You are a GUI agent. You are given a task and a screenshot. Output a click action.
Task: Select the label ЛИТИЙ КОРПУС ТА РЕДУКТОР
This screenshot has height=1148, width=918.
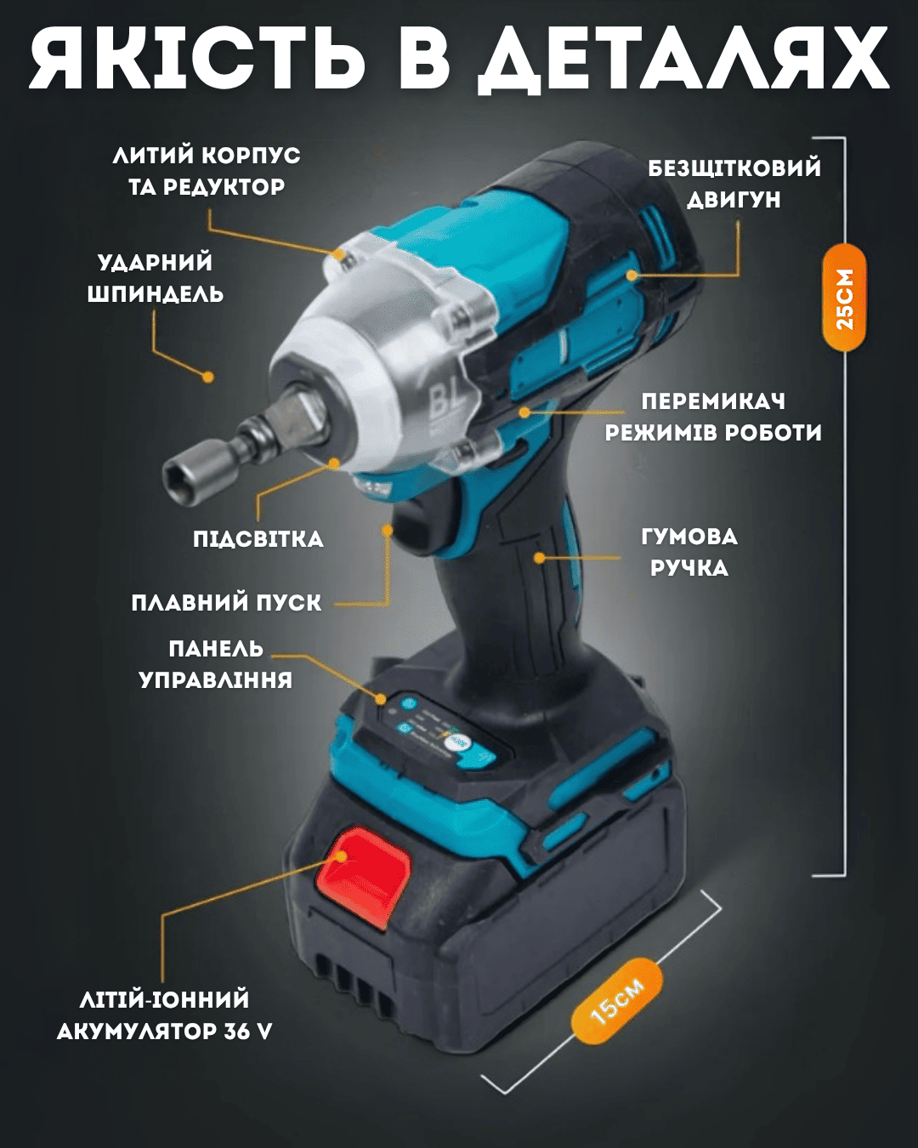[x=207, y=172]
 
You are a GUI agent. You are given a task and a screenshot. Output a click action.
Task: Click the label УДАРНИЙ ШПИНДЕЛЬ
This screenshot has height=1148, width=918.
[x=155, y=278]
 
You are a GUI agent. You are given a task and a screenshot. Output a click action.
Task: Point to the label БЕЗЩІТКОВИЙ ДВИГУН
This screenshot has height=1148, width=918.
[x=734, y=184]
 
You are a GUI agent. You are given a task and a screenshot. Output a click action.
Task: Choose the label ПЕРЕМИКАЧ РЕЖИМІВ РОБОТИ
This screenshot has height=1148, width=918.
[x=713, y=418]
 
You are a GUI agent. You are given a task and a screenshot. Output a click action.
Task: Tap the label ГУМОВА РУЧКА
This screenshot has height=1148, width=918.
[x=689, y=553]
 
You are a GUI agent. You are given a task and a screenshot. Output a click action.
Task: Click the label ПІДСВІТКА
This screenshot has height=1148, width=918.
[x=258, y=539]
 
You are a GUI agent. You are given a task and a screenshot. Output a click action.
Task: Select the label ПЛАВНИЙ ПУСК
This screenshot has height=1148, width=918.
[x=227, y=603]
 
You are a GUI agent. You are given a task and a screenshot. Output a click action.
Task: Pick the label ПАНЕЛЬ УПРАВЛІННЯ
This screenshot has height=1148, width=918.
[x=216, y=665]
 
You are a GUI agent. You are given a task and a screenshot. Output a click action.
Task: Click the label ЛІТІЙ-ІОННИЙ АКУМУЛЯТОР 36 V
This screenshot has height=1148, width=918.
[x=164, y=1015]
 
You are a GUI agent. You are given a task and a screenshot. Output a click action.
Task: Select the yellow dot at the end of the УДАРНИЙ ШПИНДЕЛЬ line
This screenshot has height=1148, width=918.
[x=208, y=377]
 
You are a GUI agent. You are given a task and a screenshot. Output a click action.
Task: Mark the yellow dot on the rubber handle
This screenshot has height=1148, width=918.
[x=539, y=558]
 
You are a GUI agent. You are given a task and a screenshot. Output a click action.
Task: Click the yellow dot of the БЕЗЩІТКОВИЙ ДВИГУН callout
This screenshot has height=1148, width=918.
[x=632, y=276]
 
